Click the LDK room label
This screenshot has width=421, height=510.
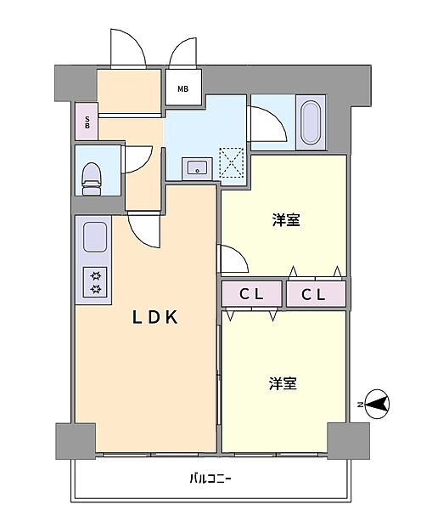(x=155, y=317)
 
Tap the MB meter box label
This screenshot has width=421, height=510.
(x=182, y=88)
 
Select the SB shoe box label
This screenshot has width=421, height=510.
(x=87, y=122)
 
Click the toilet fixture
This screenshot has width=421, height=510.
(x=92, y=178)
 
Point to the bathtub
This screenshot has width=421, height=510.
(x=310, y=122)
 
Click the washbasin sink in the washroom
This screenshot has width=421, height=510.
(x=197, y=168)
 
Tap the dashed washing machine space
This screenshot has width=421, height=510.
(x=231, y=162)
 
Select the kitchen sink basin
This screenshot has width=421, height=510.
(x=95, y=237)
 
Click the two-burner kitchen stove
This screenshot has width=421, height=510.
(x=95, y=282)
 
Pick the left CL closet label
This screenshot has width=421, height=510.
(x=251, y=294)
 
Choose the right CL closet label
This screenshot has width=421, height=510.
(x=313, y=295)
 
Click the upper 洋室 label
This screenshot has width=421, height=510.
(x=286, y=220)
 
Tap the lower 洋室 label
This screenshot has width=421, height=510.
(x=283, y=383)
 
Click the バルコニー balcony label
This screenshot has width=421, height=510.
(x=210, y=479)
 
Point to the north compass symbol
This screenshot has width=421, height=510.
(x=377, y=405)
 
